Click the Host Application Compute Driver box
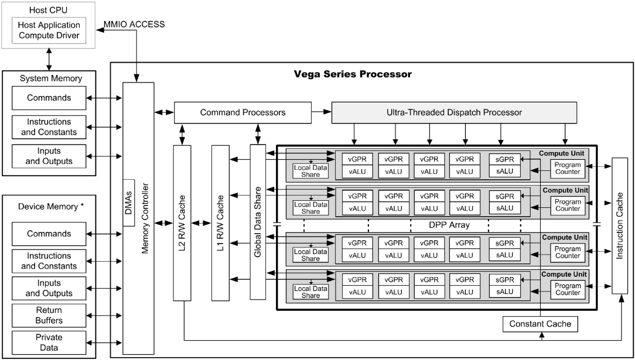(49, 30)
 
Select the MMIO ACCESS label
(135, 24)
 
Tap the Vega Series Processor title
(352, 74)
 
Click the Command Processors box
(243, 112)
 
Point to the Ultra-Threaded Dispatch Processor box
(455, 112)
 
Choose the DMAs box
(128, 203)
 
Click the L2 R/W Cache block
(182, 223)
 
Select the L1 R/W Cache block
(220, 223)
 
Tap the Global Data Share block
(258, 222)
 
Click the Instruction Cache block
(619, 226)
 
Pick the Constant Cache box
(540, 324)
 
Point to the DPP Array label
(449, 225)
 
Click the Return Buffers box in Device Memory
(49, 316)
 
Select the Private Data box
(49, 342)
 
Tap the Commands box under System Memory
(49, 98)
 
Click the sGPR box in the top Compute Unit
(504, 159)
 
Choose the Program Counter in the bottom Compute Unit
(568, 290)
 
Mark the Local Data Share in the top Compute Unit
(310, 171)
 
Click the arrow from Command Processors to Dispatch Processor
(322, 112)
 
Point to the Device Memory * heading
(51, 207)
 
